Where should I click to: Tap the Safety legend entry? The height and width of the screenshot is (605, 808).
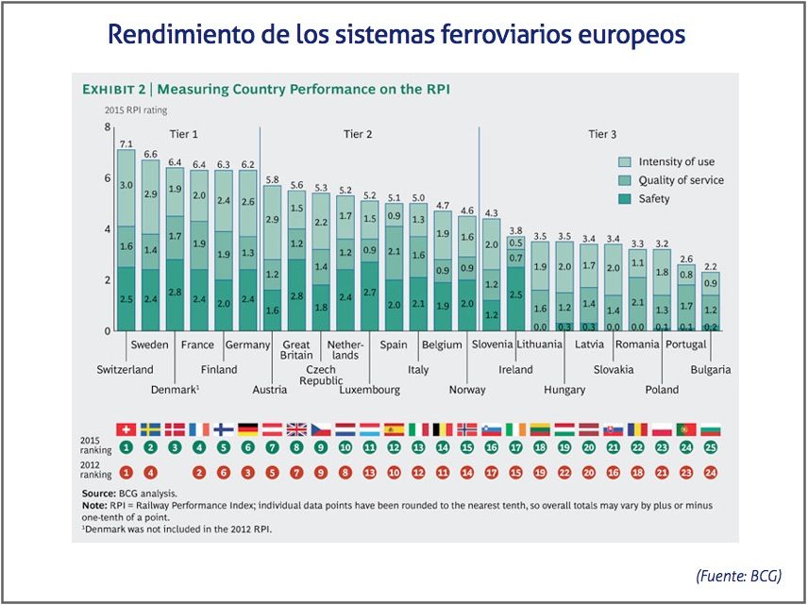653,199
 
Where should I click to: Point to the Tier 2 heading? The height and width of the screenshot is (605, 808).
357,134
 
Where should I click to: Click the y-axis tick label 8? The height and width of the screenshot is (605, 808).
108,127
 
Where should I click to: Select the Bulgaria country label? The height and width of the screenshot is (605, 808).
710,370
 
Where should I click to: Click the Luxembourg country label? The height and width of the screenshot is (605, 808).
344,389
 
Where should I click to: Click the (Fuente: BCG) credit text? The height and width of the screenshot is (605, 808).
738,576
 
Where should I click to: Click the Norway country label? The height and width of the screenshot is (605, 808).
467,389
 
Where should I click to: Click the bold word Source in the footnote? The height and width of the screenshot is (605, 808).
98,494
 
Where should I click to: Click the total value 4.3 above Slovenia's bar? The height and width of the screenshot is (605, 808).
492,212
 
